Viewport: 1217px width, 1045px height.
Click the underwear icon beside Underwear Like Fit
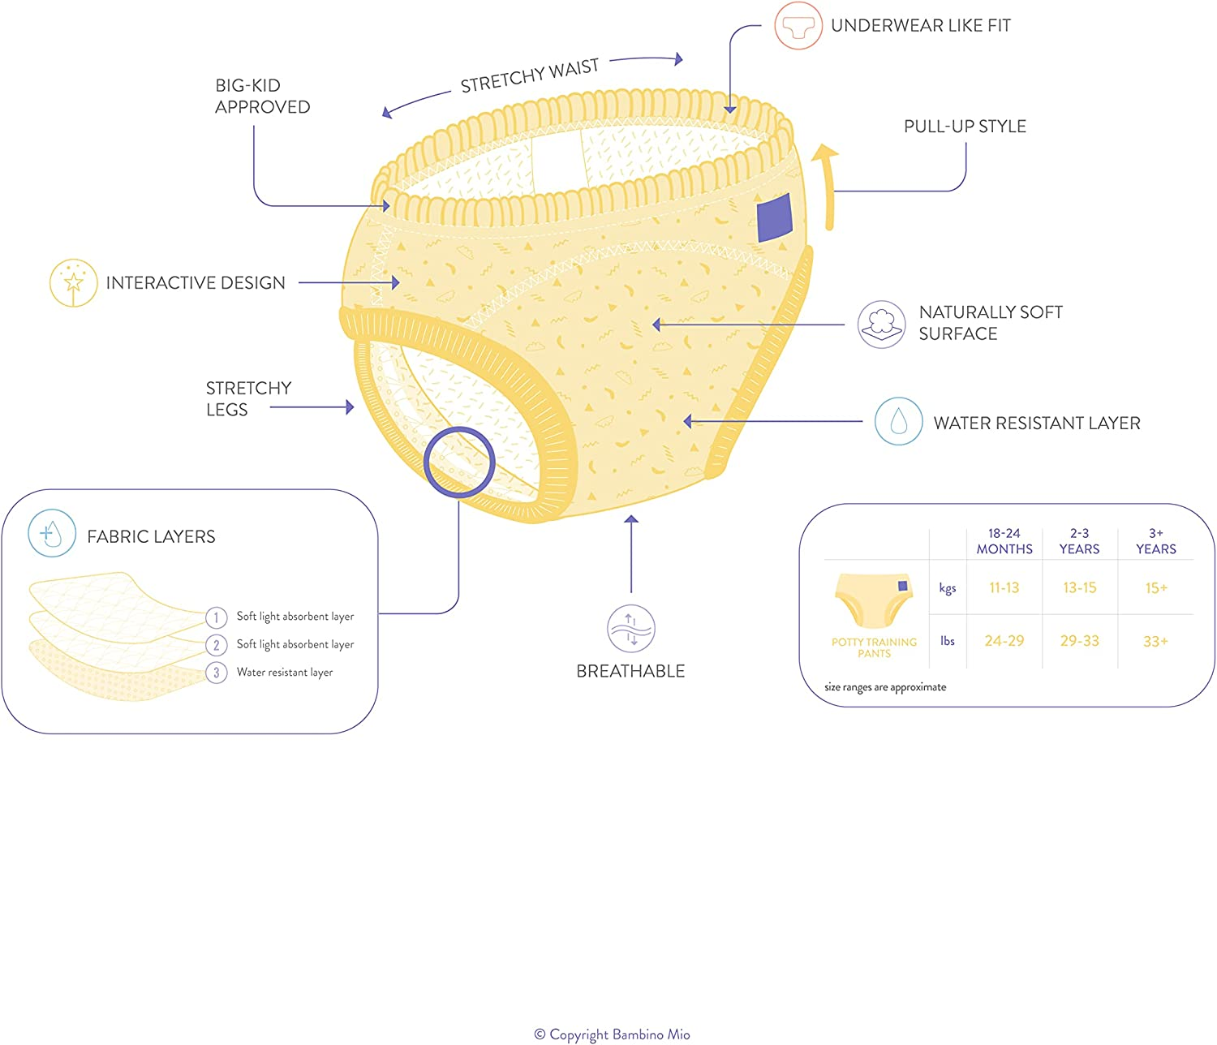pos(798,26)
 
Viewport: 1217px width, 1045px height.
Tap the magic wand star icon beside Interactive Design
pos(74,282)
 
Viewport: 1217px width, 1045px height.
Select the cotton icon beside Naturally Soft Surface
pos(882,324)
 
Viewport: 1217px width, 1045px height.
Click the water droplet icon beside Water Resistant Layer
pos(898,421)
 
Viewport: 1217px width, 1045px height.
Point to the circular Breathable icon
pos(630,629)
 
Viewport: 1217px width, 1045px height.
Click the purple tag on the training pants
pos(774,217)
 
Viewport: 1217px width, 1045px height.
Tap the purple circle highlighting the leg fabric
pos(459,462)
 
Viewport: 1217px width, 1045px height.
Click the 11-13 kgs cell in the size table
pos(1004,587)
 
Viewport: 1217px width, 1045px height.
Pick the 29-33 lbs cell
pos(1079,641)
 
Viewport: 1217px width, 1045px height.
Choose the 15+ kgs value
pos(1155,587)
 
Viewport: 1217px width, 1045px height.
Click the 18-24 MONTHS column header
pos(1004,541)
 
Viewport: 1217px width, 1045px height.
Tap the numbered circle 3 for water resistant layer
pos(217,673)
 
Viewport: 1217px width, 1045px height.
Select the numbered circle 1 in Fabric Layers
pos(217,617)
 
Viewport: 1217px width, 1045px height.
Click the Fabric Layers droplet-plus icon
pos(52,534)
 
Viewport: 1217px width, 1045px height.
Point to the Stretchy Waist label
pos(530,75)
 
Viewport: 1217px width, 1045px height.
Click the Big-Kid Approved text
pos(262,96)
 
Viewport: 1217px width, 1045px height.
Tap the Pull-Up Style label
pos(965,126)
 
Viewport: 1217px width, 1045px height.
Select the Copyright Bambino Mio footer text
pos(613,1034)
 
